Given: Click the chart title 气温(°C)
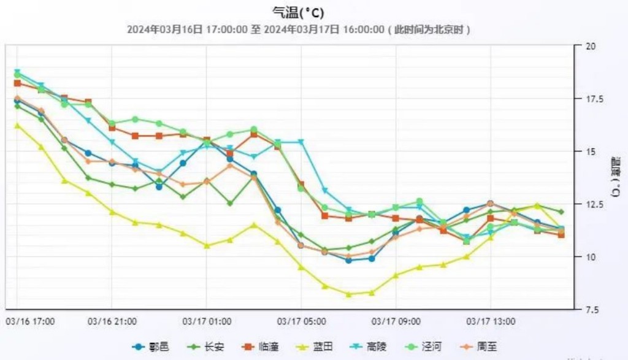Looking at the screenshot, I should point(298,12).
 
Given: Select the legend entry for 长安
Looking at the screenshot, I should point(206,347).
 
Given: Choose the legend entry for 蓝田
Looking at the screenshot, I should point(316,347).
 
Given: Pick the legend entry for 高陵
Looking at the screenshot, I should point(372,347).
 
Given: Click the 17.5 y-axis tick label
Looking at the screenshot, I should point(593,99).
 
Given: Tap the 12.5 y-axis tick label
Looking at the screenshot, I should point(593,204).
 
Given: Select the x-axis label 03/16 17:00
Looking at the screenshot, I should point(30,321).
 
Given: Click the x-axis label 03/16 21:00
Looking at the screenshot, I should point(112,321).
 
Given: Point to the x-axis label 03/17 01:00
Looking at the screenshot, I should point(207,321).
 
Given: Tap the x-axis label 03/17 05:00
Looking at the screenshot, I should point(302,321).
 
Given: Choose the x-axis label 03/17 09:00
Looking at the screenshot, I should point(396,321).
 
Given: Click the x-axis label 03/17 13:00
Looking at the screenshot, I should point(491,321).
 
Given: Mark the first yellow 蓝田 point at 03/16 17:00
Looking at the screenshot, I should point(17,125).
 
